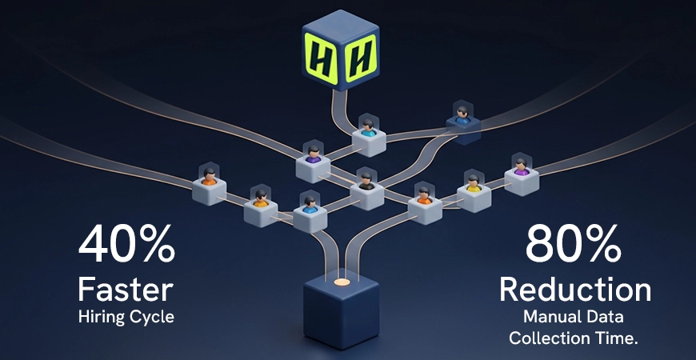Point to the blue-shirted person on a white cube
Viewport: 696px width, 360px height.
pos(309,205)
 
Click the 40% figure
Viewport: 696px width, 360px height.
pos(126,245)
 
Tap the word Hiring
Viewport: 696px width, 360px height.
pos(104,316)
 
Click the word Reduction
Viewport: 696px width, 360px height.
pos(574,288)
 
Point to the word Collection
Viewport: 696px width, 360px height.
pos(549,338)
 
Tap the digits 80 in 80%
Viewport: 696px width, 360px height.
pos(552,245)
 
